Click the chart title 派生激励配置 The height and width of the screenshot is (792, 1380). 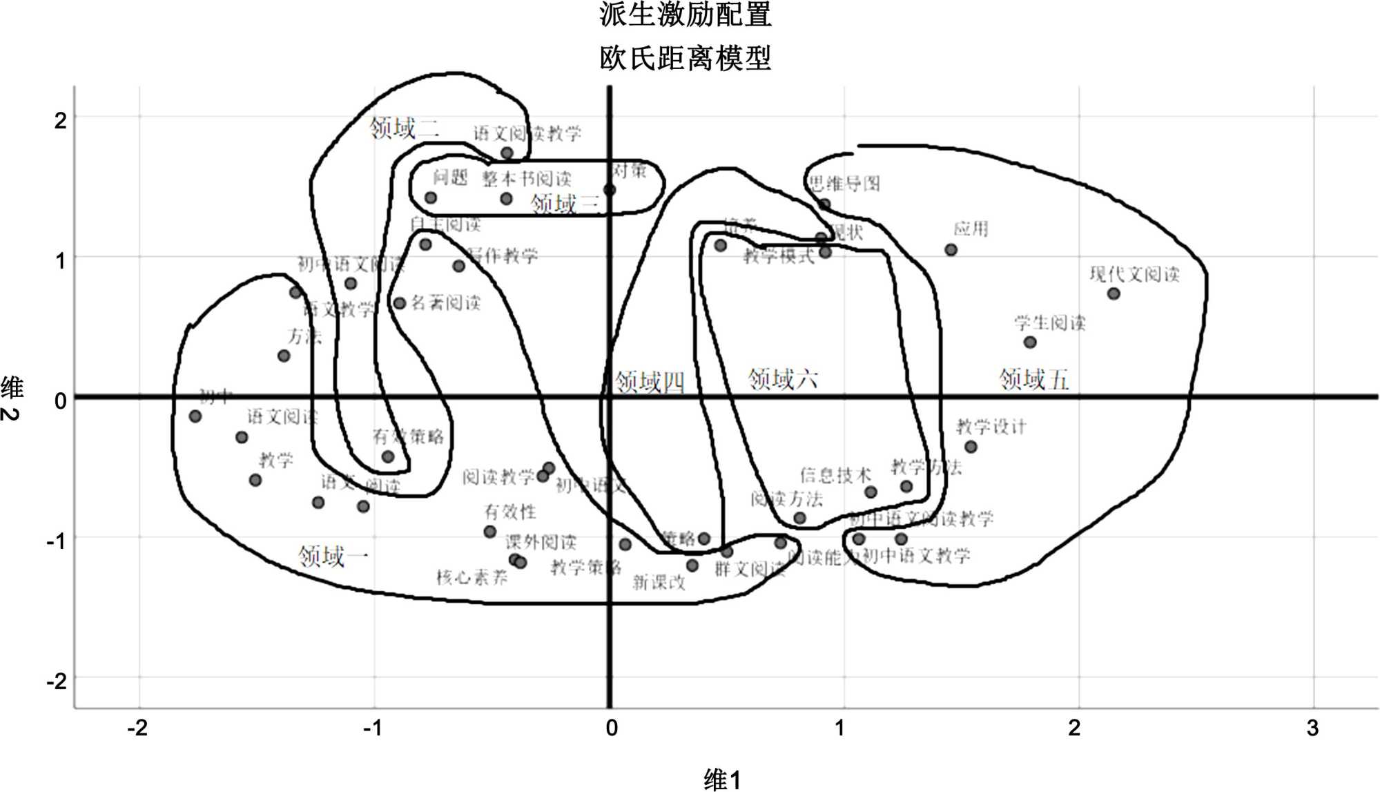pos(685,15)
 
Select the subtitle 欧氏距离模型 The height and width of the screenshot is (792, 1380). pos(685,58)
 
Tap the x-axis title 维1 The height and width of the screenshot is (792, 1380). pos(722,780)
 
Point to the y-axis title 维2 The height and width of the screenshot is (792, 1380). pos(12,399)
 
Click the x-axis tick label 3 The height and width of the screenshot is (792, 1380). pos(1312,728)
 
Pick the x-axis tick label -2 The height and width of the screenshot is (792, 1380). pos(137,728)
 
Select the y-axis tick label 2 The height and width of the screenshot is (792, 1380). pos(61,120)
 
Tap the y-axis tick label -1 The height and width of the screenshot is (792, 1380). pos(56,541)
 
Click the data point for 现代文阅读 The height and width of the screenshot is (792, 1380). pos(1114,293)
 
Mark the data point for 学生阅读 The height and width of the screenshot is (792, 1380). pos(1029,342)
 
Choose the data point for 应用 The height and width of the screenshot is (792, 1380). pos(951,249)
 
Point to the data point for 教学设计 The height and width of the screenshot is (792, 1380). pos(971,447)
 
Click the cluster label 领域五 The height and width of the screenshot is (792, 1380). pos(1033,379)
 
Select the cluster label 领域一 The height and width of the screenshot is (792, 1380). pos(333,556)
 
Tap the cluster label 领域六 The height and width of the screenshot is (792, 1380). pos(782,378)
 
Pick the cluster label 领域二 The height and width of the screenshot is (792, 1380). pos(404,128)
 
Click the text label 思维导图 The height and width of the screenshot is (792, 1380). pos(844,183)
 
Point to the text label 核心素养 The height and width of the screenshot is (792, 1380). pos(472,577)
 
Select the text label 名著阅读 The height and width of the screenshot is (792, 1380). pos(445,302)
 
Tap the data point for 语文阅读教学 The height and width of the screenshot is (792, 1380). pos(507,153)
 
